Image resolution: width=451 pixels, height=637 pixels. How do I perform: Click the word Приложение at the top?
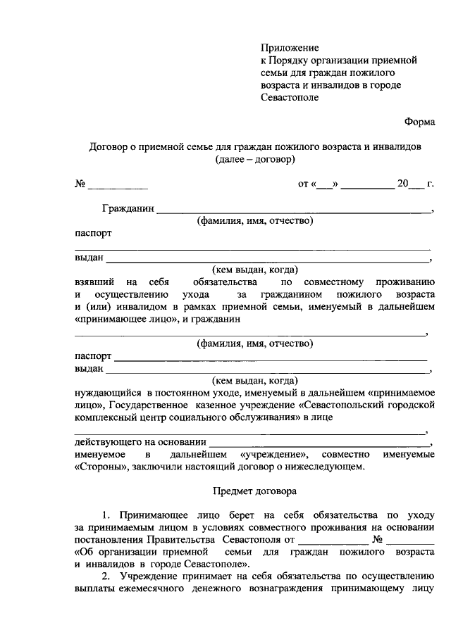click(x=290, y=48)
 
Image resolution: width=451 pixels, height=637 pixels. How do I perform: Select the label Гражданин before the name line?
click(x=128, y=209)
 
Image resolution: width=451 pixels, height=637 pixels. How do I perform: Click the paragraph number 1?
click(x=106, y=515)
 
